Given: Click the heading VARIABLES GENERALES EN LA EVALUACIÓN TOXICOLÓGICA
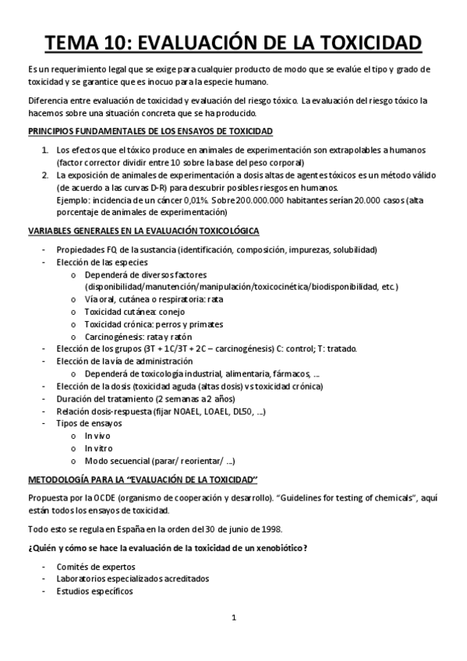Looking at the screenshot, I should [x=150, y=232].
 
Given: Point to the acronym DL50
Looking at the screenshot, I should [x=249, y=410].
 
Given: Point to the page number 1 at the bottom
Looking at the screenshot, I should [x=233, y=619].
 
